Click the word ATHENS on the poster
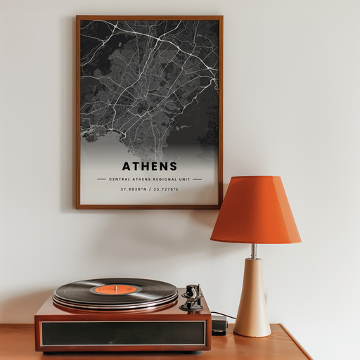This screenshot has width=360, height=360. [x=149, y=167]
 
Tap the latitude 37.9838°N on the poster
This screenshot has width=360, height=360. [x=132, y=189]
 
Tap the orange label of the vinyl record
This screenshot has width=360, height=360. [x=115, y=289]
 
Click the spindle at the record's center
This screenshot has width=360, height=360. [x=115, y=288]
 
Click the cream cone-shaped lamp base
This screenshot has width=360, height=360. [x=252, y=299]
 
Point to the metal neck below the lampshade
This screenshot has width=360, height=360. [x=254, y=250]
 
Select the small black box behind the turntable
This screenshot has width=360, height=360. [x=219, y=325]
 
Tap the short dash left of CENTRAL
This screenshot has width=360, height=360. [x=101, y=179]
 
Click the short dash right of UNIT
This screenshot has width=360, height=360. [x=197, y=179]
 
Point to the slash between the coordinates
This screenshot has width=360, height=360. [x=150, y=189]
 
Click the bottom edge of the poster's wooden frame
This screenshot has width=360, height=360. [x=149, y=207]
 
